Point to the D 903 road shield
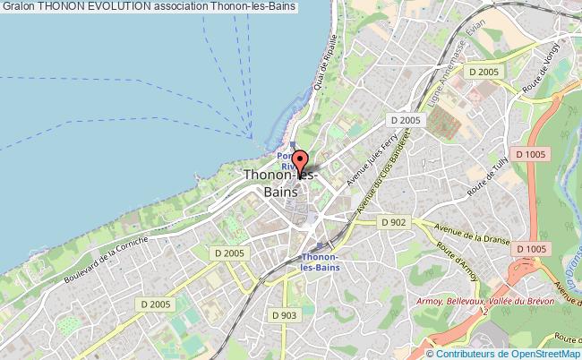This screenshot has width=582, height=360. [283, 315]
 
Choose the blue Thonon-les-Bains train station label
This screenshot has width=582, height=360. [321, 260]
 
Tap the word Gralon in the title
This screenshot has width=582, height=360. [17, 6]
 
